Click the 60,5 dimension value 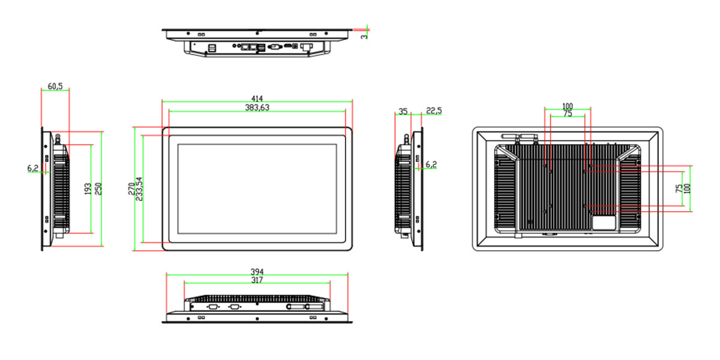(x=55, y=86)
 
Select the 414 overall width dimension (x=257, y=98)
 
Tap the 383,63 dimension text (x=257, y=107)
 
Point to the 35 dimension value (x=403, y=111)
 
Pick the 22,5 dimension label (x=434, y=110)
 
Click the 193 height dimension (x=88, y=188)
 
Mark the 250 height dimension (x=98, y=188)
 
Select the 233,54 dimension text (x=139, y=189)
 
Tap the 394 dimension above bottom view (x=257, y=272)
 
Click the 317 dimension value (x=257, y=280)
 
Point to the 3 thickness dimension (x=364, y=37)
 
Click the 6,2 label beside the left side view (x=33, y=168)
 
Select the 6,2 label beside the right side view (x=431, y=164)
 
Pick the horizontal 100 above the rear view (x=568, y=106)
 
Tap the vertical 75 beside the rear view (x=679, y=188)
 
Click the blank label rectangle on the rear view (x=604, y=223)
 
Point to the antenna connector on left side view (x=58, y=139)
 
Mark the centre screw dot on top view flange (x=257, y=33)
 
